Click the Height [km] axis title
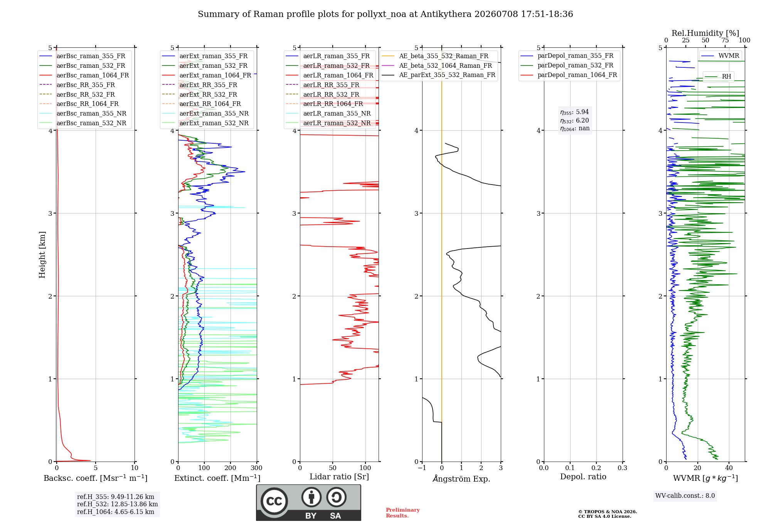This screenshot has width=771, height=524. (42, 255)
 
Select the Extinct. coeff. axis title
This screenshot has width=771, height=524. (217, 478)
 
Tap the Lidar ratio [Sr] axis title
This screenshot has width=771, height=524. (339, 477)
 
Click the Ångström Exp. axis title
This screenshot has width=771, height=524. (461, 479)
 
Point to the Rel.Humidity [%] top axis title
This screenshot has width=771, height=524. (705, 33)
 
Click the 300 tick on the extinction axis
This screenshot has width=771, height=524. (257, 468)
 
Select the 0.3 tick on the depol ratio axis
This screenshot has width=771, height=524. (622, 468)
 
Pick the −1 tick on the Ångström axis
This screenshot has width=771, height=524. (422, 468)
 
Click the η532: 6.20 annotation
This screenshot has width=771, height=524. (574, 121)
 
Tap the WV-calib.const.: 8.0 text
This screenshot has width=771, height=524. (685, 496)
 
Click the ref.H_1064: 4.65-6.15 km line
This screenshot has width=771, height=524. (116, 512)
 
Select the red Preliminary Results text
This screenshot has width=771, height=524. (403, 513)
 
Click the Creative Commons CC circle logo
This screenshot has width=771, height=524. (274, 501)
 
